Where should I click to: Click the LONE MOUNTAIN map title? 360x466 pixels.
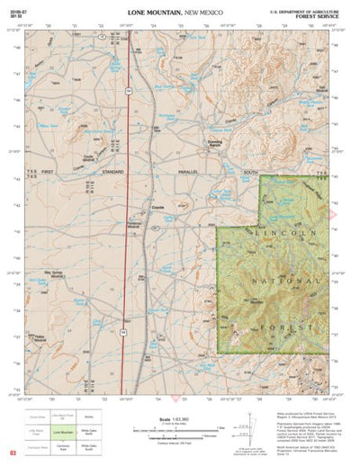(x=155, y=13)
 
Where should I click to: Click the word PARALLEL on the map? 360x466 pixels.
(x=185, y=171)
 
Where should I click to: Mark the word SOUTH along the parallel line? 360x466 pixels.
(x=251, y=171)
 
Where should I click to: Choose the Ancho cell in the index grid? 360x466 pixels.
(x=87, y=417)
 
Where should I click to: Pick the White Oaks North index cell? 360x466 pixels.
(x=87, y=433)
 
